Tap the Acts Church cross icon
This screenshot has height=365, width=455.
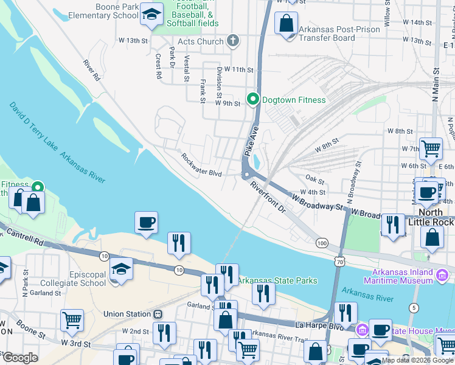click(x=232, y=41)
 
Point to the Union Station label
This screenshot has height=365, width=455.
click(x=127, y=315)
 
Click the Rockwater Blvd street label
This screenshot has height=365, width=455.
click(x=201, y=165)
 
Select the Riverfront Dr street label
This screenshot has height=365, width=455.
click(x=268, y=197)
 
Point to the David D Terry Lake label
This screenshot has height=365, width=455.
click(x=33, y=127)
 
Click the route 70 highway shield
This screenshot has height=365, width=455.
click(x=339, y=260)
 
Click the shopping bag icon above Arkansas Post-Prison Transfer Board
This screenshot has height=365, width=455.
click(x=286, y=24)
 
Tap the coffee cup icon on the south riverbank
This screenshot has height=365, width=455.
click(x=146, y=223)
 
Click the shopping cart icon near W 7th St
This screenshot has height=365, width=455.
click(x=431, y=147)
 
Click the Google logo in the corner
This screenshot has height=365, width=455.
click(x=19, y=358)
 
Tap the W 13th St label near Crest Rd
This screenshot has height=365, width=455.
click(x=134, y=41)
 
